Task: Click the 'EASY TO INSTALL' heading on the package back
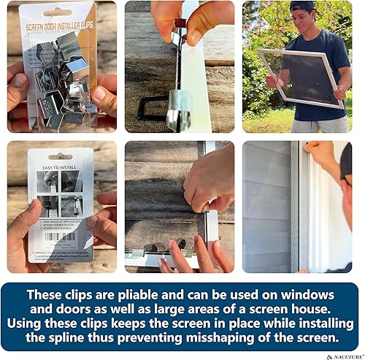[x=61, y=165]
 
